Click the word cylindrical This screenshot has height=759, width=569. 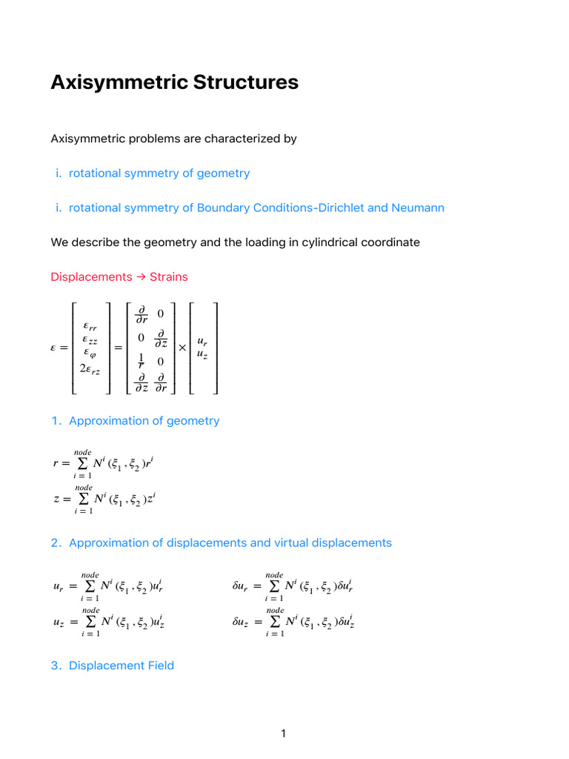(x=325, y=242)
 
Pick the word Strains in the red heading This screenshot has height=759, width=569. (x=169, y=277)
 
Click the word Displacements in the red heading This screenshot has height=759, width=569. (x=91, y=277)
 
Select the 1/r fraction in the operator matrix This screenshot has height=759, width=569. (x=141, y=361)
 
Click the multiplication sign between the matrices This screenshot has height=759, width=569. (x=182, y=347)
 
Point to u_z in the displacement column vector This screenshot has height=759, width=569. (x=202, y=355)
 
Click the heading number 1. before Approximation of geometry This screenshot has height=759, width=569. (x=56, y=421)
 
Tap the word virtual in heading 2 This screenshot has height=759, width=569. (x=276, y=543)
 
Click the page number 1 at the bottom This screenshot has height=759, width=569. (x=284, y=734)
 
